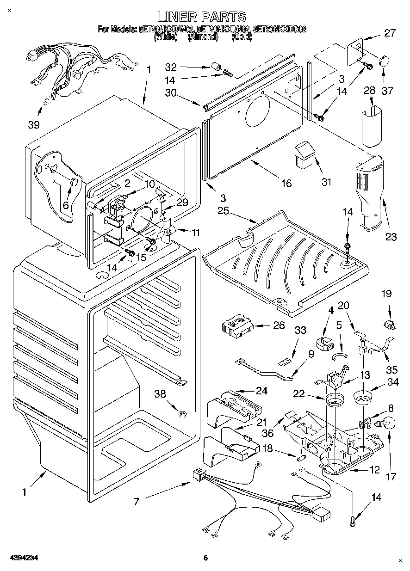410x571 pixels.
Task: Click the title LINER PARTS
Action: tap(201, 17)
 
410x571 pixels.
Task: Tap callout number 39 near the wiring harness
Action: tap(34, 124)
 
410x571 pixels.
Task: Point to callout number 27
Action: tap(390, 33)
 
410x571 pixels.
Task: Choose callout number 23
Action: tap(391, 237)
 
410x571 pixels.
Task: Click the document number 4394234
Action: tap(19, 558)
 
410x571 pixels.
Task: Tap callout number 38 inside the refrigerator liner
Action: tap(160, 394)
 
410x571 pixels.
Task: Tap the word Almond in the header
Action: tap(202, 37)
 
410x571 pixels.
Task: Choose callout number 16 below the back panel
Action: tap(286, 184)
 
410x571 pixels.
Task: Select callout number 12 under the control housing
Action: tap(374, 470)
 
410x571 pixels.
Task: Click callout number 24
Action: tap(261, 391)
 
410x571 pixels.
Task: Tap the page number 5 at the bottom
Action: tap(205, 558)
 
